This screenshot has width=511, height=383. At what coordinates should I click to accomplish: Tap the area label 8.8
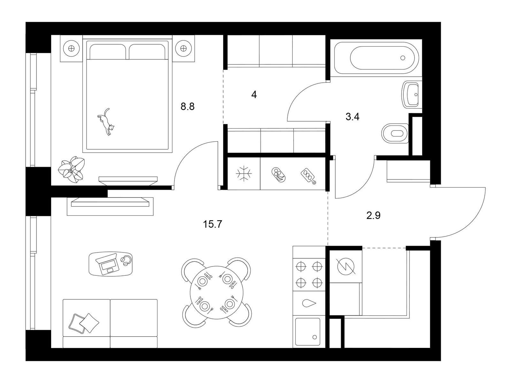pyautogui.click(x=187, y=107)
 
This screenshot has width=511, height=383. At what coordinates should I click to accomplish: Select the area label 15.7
pyautogui.click(x=213, y=224)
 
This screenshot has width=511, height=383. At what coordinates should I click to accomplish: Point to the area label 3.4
pyautogui.click(x=353, y=117)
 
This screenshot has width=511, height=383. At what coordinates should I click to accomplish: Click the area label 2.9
pyautogui.click(x=373, y=215)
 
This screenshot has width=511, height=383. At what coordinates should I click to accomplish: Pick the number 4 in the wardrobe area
pyautogui.click(x=254, y=95)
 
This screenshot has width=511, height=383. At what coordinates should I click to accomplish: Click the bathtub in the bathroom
pyautogui.click(x=377, y=58)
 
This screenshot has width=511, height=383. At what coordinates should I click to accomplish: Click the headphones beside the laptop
pyautogui.click(x=126, y=260)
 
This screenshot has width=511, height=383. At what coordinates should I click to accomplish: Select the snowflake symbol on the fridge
pyautogui.click(x=244, y=174)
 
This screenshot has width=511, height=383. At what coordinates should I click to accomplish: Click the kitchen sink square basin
pyautogui.click(x=308, y=332)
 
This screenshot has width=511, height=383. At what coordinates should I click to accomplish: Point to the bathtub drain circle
pyautogui.click(x=403, y=58)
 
